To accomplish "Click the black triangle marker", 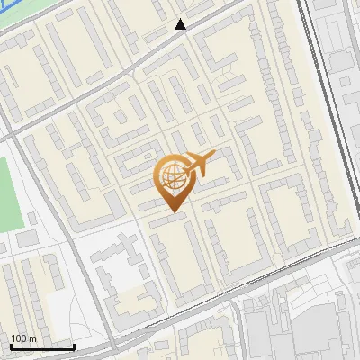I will [181, 24].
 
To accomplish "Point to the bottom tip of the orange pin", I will [171, 212].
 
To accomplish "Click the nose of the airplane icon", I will [214, 155].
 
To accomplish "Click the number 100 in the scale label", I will [19, 338].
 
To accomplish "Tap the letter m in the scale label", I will [33, 338].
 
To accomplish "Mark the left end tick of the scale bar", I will [11, 346].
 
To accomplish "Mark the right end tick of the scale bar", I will [74, 346].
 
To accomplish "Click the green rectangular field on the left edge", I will [9, 193].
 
